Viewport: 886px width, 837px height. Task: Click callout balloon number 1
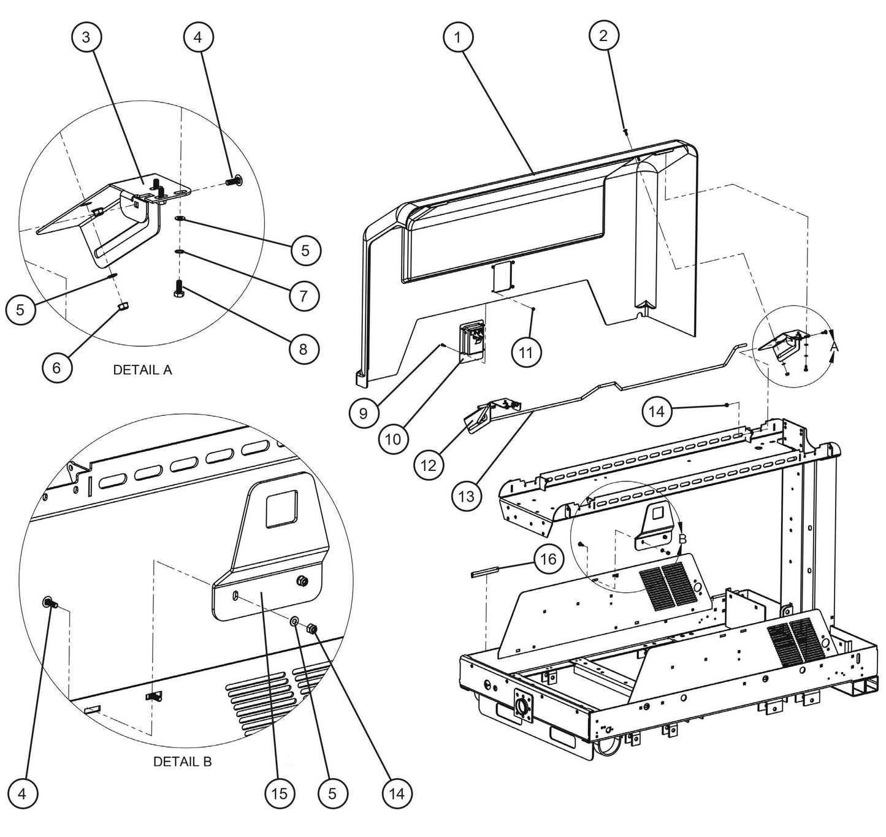tap(457, 36)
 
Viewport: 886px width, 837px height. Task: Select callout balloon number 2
tap(603, 36)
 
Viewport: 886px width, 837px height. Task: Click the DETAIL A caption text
tap(142, 370)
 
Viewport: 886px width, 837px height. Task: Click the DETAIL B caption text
tap(182, 762)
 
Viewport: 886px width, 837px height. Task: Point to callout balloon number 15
tap(279, 794)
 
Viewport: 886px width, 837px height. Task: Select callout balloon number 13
tap(467, 495)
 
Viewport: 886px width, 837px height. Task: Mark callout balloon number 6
tap(57, 367)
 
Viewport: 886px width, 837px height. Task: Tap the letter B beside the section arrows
tap(683, 539)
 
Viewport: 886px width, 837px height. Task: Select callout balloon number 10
tap(394, 438)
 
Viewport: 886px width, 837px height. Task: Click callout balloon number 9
tap(364, 413)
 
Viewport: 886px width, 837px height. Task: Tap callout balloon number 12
tap(428, 465)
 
